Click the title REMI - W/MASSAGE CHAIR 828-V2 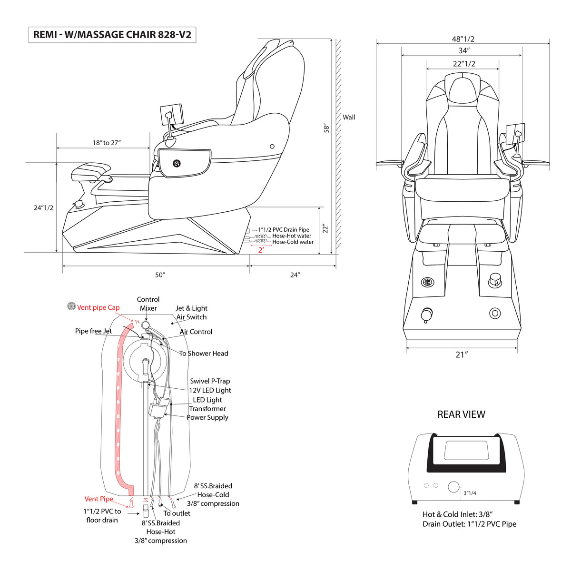coord(112,35)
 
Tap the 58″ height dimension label coord(326,128)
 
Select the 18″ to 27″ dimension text coord(107,143)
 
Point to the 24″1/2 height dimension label coord(44,208)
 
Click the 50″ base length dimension coord(160,275)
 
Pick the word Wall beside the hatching coord(349,117)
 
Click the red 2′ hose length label coord(261,250)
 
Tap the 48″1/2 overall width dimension coord(463,39)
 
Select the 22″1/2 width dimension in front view coord(464,64)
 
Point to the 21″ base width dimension coord(462,354)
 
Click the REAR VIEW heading coord(462,414)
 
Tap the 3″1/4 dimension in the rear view coord(470,493)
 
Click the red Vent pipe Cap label coord(98,307)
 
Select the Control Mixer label coord(148,304)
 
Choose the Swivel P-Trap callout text coord(210,381)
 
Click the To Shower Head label coord(204,354)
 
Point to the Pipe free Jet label coord(93,331)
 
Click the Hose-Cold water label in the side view coord(293,242)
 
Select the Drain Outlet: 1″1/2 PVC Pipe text coord(469,524)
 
